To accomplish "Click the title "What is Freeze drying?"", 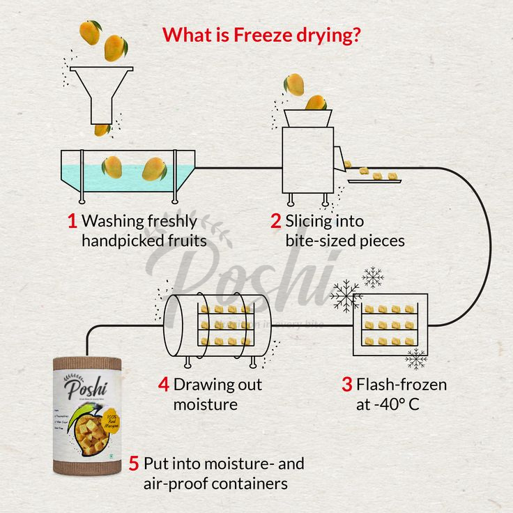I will point(261,34).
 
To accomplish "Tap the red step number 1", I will point(72,222).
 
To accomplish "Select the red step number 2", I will point(275,222).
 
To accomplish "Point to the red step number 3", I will point(346,385).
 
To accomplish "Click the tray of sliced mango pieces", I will point(376,178).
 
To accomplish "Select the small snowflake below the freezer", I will point(416,359).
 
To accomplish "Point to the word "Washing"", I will point(114,222).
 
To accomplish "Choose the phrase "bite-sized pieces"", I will point(345,241).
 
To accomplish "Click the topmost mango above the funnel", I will point(90,31).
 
